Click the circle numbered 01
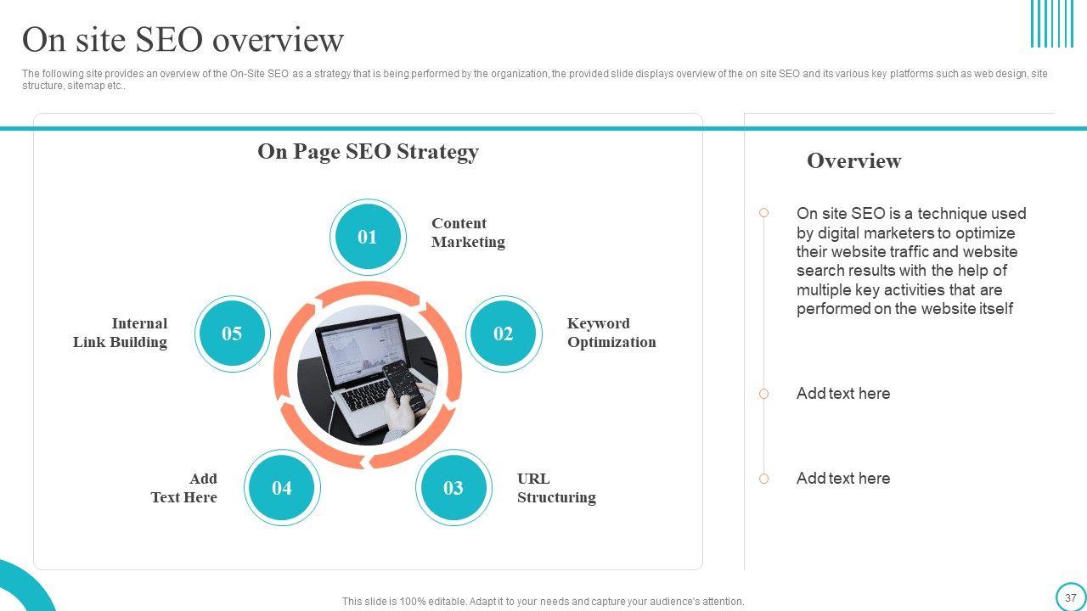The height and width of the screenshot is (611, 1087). click(x=367, y=237)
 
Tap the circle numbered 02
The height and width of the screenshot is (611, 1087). click(x=503, y=334)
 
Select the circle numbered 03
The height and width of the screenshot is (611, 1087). click(x=453, y=488)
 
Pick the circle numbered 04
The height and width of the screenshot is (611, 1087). click(x=281, y=488)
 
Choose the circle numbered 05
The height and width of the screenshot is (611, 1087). click(x=232, y=334)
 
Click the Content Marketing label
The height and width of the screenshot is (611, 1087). click(x=467, y=233)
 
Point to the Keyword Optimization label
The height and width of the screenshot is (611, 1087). click(x=611, y=333)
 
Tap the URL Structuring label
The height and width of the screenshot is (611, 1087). click(x=555, y=488)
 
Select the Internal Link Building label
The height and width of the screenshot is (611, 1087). click(x=121, y=333)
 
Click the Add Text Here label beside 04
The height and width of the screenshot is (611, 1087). click(x=184, y=488)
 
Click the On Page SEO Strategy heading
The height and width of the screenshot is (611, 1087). click(x=368, y=152)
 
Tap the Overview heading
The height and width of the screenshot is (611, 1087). click(x=853, y=161)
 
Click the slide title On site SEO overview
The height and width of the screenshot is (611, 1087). click(x=183, y=40)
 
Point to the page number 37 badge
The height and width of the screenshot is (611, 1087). click(x=1070, y=597)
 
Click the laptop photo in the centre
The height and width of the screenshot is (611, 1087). click(x=357, y=365)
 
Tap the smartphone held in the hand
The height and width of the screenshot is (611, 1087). click(x=402, y=384)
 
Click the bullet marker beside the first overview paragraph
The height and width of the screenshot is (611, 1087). click(x=763, y=213)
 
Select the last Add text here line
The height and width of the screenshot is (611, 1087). click(x=842, y=479)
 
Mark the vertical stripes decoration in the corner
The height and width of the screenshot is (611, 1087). click(x=1051, y=24)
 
